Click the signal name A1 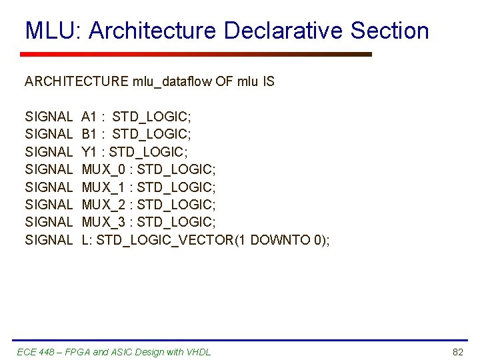click(90, 117)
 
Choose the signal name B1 click(90, 135)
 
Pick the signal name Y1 click(90, 152)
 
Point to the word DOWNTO click(279, 239)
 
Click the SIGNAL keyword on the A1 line click(48, 117)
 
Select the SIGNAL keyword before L click(48, 239)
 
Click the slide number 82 click(457, 351)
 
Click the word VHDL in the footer click(198, 351)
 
